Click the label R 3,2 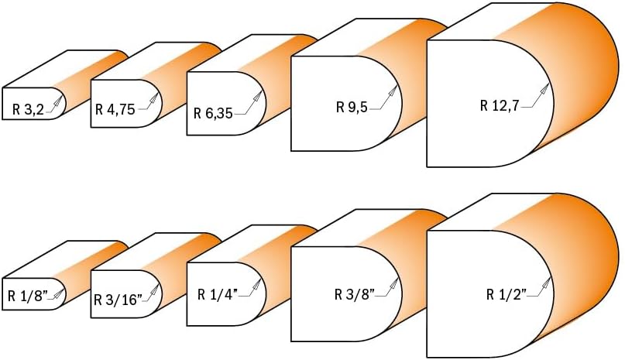[x=28, y=109]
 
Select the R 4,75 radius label [x=115, y=109]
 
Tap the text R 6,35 [x=213, y=113]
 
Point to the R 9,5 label [x=352, y=107]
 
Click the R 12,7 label [x=500, y=105]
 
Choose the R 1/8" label [x=28, y=297]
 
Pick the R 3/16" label [x=118, y=300]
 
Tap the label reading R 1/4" [x=218, y=294]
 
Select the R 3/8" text [x=355, y=294]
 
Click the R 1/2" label [x=507, y=295]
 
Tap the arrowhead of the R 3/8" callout [x=393, y=283]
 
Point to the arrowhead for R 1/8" [x=60, y=293]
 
